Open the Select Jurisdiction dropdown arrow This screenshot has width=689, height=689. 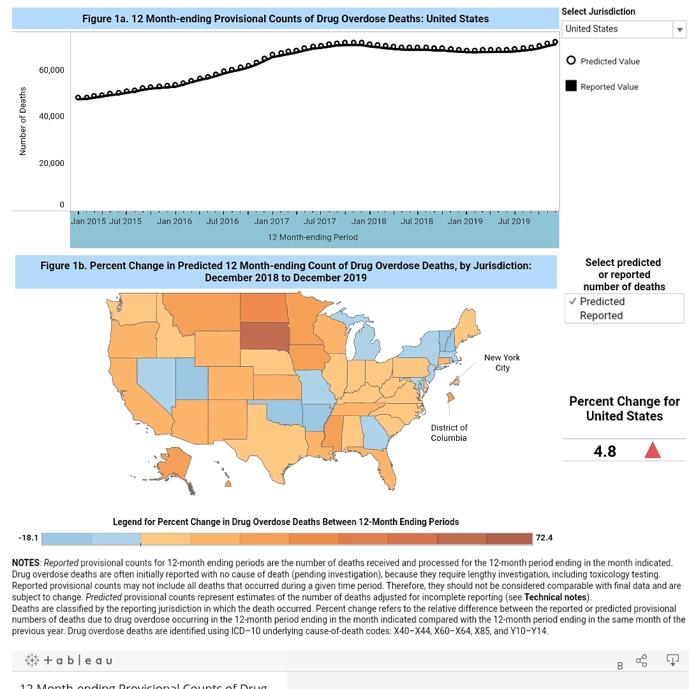coord(679,29)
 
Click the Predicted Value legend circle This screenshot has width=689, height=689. coord(571,61)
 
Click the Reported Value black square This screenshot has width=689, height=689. coord(571,86)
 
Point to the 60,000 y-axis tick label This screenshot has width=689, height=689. coord(52,70)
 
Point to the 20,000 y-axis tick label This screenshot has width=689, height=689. coord(52,163)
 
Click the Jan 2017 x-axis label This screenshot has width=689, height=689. coord(271,221)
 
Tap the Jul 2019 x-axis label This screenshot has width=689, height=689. coord(514,221)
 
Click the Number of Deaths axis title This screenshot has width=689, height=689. coord(23,121)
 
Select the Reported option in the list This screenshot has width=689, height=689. coord(601,315)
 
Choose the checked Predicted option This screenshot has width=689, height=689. coord(602,301)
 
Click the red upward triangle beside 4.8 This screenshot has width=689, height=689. coord(652,451)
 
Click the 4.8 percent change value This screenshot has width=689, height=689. coord(605,451)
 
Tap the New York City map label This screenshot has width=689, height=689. coord(502,362)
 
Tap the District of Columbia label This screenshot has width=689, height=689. coord(448,433)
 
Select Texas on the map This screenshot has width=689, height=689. coord(274,440)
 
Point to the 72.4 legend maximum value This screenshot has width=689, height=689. coord(544,538)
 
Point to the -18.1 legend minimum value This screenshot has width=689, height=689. coord(28,538)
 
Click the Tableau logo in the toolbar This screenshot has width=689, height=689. coord(69,660)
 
